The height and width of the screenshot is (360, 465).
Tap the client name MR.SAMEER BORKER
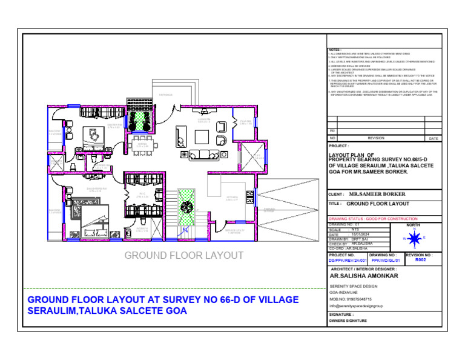tap(377, 194)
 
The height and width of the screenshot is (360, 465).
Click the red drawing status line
tap(372, 218)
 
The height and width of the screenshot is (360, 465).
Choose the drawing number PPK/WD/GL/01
tap(385, 260)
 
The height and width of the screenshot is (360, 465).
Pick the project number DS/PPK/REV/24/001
tap(348, 260)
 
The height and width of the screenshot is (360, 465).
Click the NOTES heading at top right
tap(335, 50)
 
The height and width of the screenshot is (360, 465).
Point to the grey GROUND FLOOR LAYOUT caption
tap(183, 255)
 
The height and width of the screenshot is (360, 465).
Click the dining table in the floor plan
tap(143, 145)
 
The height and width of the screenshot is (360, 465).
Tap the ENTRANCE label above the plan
tap(166, 95)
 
